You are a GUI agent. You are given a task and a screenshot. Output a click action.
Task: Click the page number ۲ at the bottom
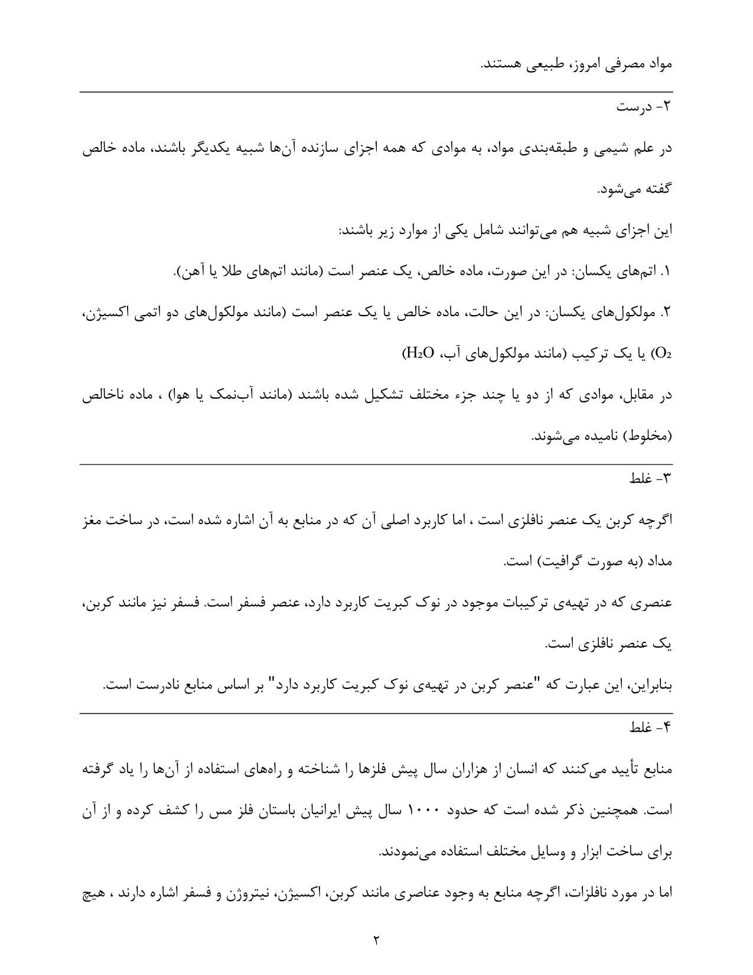click(376, 939)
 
